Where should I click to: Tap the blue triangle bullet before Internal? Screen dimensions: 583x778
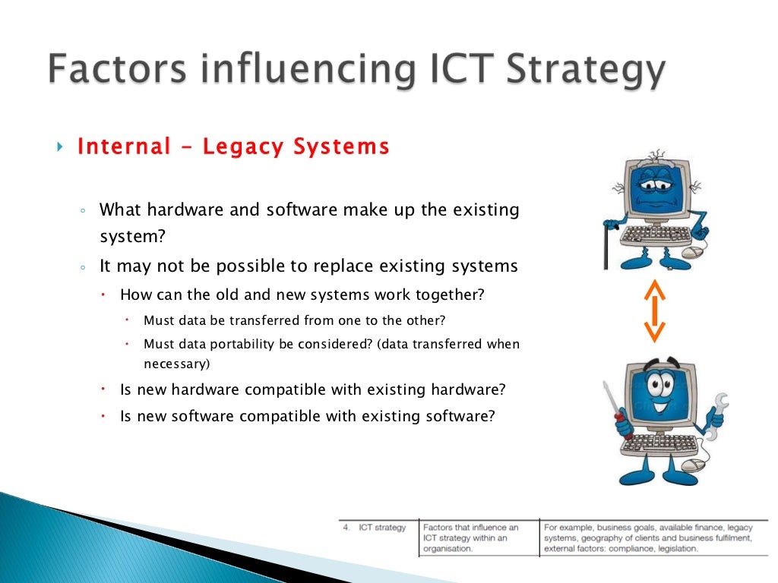[x=61, y=147]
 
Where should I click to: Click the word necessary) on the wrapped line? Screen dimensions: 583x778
[x=176, y=364]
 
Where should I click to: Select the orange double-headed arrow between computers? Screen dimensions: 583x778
[x=654, y=312]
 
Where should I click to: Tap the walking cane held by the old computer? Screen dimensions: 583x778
[x=606, y=243]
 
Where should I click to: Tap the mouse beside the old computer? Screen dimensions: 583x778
[x=692, y=253]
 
